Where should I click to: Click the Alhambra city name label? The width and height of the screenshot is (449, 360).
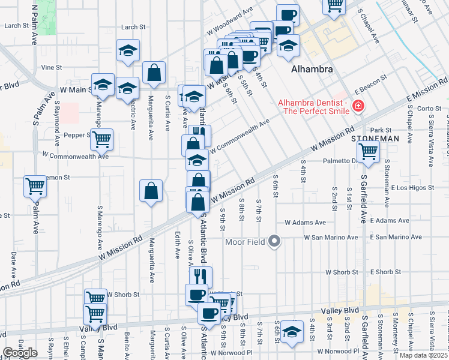pyautogui.click(x=312, y=70)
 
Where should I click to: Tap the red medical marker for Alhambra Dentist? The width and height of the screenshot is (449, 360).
pyautogui.click(x=358, y=106)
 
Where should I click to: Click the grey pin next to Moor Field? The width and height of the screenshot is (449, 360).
pyautogui.click(x=274, y=242)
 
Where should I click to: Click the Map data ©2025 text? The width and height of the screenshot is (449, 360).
pyautogui.click(x=424, y=355)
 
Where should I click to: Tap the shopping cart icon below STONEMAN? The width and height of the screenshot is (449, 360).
pyautogui.click(x=368, y=152)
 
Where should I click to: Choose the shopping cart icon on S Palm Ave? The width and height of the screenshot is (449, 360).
pyautogui.click(x=35, y=186)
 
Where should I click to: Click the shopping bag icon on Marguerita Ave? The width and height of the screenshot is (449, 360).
pyautogui.click(x=151, y=191)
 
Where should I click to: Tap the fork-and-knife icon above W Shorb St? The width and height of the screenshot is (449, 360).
pyautogui.click(x=200, y=277)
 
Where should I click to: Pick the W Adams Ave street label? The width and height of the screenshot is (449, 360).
pyautogui.click(x=305, y=223)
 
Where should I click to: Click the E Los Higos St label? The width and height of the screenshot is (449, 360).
pyautogui.click(x=411, y=188)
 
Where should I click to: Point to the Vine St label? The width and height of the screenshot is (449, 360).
pyautogui.click(x=52, y=68)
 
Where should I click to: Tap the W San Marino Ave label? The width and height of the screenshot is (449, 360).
pyautogui.click(x=331, y=238)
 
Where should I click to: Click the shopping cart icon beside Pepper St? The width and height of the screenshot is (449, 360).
pyautogui.click(x=101, y=139)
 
